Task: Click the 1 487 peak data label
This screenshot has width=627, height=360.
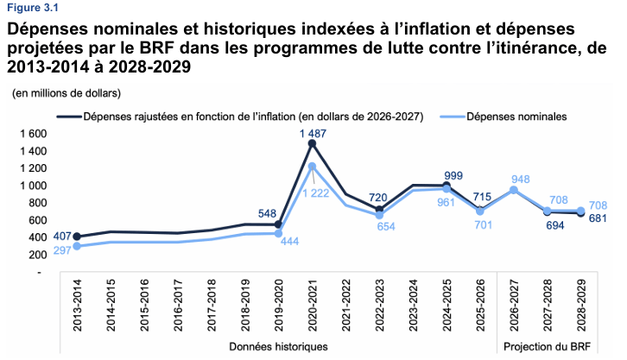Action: click(313, 134)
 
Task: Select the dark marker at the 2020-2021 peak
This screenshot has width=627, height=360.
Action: click(313, 144)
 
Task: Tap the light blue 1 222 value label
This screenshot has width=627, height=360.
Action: click(315, 193)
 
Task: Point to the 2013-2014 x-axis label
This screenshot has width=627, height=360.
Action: click(77, 306)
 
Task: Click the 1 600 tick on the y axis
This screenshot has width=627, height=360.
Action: click(33, 134)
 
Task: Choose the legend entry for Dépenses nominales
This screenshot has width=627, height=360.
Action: click(503, 117)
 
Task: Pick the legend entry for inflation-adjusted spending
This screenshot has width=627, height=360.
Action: click(240, 117)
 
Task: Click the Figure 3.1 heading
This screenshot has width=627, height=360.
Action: click(33, 8)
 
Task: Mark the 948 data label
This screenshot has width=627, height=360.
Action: click(520, 179)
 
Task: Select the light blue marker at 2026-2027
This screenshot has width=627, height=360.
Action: click(514, 190)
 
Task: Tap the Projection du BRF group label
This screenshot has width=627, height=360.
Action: click(547, 346)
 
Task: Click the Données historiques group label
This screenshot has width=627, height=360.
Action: click(278, 346)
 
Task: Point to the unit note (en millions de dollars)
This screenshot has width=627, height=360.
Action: click(66, 93)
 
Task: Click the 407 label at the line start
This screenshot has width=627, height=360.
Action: click(62, 237)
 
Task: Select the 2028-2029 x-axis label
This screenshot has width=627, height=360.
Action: click(581, 306)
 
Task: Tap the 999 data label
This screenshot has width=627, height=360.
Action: click(453, 176)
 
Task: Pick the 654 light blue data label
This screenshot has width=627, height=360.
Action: click(386, 226)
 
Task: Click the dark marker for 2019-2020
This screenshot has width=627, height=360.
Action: click(279, 224)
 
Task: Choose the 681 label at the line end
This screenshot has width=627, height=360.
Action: click(598, 218)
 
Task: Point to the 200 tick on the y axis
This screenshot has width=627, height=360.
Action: click(38, 255)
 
